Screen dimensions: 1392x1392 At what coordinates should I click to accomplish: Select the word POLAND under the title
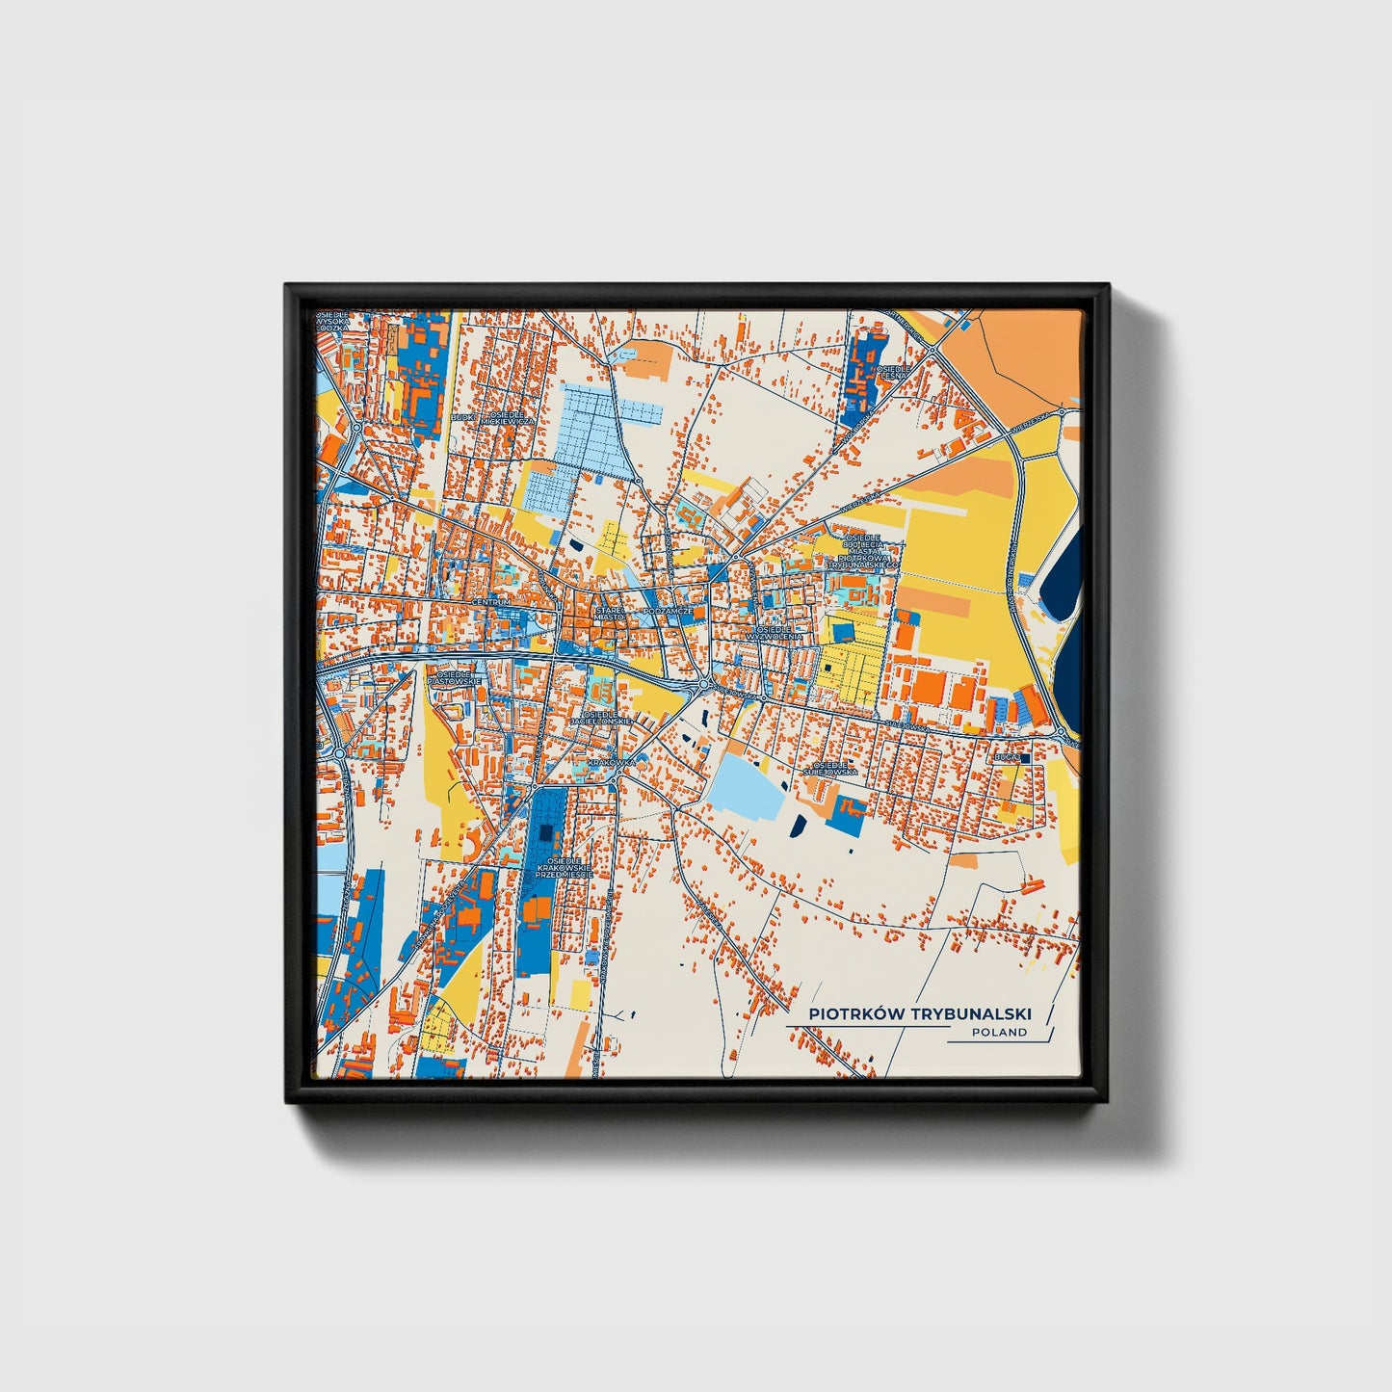pyautogui.click(x=999, y=1032)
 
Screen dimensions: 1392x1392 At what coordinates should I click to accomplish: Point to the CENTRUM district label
pyautogui.click(x=490, y=602)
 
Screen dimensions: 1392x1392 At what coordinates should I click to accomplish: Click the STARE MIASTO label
pyautogui.click(x=609, y=613)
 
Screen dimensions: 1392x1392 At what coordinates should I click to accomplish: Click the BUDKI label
pyautogui.click(x=462, y=418)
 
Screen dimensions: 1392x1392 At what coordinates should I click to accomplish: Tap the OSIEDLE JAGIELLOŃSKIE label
pyautogui.click(x=600, y=717)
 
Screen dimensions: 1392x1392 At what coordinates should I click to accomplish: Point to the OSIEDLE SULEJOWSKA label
pyautogui.click(x=830, y=768)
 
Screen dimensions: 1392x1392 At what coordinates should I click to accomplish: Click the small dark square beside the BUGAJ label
pyautogui.click(x=1025, y=758)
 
